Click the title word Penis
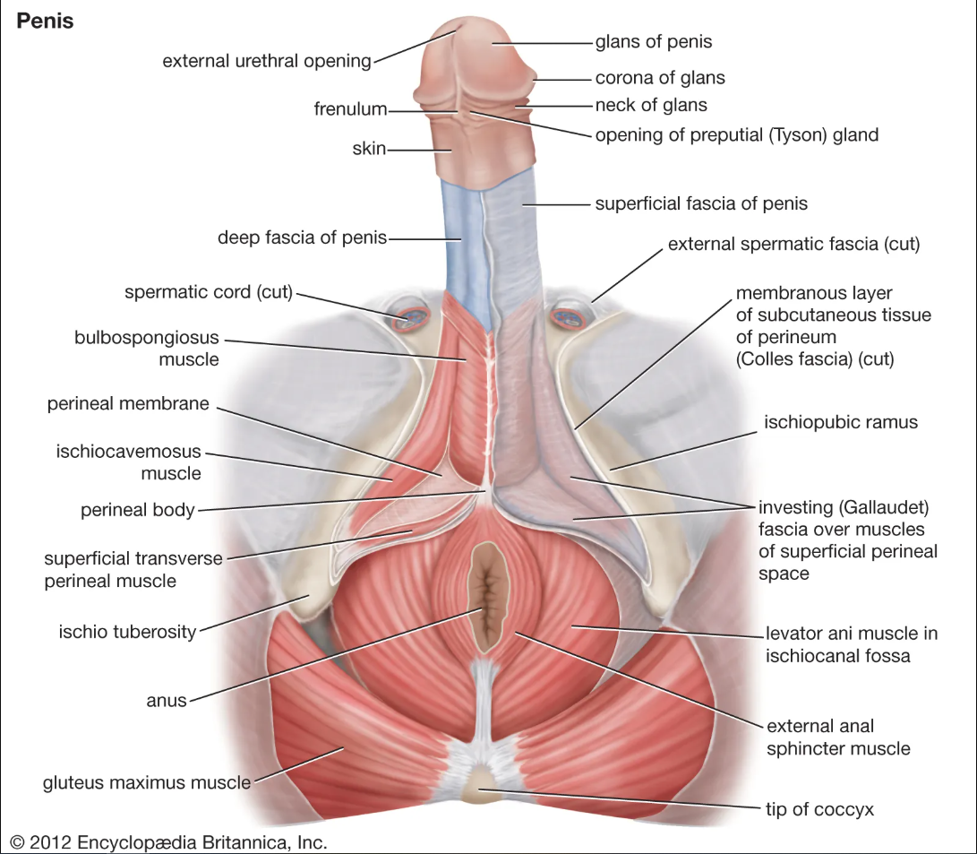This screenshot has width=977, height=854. pos(45,22)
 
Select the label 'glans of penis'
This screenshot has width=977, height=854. pos(654,42)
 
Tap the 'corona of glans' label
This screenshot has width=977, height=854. pos(660,78)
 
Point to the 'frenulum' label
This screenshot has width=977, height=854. pos(350,109)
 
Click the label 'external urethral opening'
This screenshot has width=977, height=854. pos(267,61)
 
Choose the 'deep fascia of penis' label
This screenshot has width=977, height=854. pos(302,237)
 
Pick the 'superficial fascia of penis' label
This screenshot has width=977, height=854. pos(701,203)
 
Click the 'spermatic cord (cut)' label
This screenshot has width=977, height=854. pos(209,292)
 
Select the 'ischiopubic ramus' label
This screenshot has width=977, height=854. pos(841,423)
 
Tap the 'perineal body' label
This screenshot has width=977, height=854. pos(138,511)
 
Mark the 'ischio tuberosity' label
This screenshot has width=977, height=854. pos(128,632)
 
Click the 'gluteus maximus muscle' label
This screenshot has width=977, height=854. pos(147,783)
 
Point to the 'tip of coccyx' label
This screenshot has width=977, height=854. pos(819,810)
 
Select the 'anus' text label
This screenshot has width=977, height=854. pos(167,701)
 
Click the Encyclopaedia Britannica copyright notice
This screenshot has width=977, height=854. pos(168,842)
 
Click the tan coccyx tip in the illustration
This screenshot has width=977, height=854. pos(479,785)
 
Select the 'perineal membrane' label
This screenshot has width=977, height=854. pos(128,404)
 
